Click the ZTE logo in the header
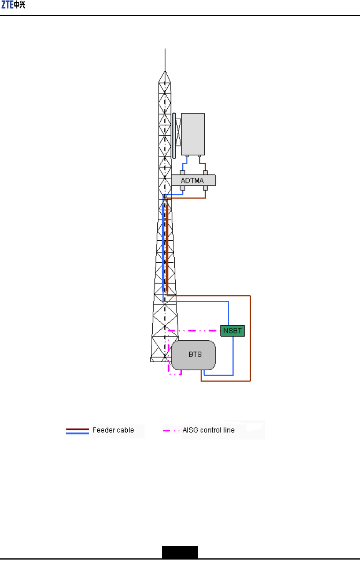click(x=13, y=5)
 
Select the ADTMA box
click(x=193, y=180)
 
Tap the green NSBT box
click(x=232, y=331)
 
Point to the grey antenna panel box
click(x=193, y=134)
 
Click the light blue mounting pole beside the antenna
click(x=174, y=135)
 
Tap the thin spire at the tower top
click(x=165, y=60)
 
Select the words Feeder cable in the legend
click(x=113, y=430)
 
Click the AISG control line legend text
click(x=208, y=430)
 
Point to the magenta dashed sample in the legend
click(x=171, y=431)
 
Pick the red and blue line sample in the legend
click(x=77, y=431)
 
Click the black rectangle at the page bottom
click(x=180, y=552)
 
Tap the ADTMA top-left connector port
click(x=182, y=173)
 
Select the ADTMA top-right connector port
click(x=205, y=173)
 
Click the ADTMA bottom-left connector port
click(x=182, y=188)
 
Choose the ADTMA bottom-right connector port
click(x=205, y=188)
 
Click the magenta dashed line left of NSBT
click(x=194, y=331)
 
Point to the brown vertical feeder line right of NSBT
click(x=250, y=338)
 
